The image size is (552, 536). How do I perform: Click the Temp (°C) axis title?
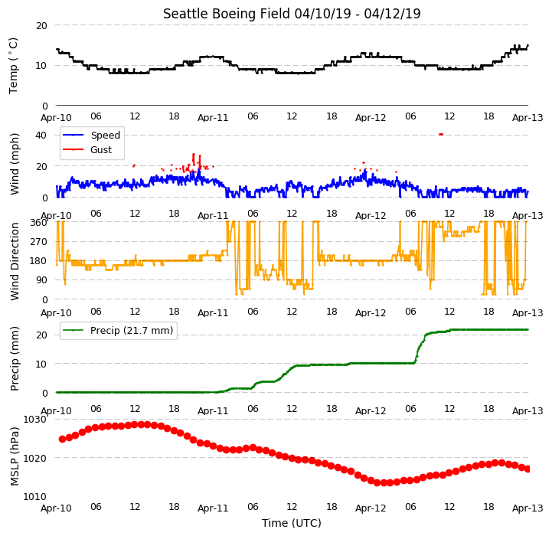click(13, 66)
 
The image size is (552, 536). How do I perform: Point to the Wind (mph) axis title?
click(15, 164)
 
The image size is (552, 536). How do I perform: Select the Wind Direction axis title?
click(15, 261)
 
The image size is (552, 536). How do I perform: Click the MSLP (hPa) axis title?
click(15, 456)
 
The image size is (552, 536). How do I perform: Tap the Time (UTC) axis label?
click(292, 523)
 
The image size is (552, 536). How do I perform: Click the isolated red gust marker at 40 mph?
click(441, 134)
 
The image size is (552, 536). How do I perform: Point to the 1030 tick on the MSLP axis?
click(35, 420)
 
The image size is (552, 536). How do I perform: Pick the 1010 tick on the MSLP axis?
click(35, 496)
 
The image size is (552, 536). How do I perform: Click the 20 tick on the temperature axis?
click(41, 26)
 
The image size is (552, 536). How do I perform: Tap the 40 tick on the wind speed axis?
click(41, 136)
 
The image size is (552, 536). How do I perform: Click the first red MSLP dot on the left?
click(62, 440)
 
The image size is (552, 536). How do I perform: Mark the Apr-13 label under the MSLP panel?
click(528, 508)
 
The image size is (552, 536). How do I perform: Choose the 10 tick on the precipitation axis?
click(41, 364)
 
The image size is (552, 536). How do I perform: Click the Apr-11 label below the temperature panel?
click(213, 118)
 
